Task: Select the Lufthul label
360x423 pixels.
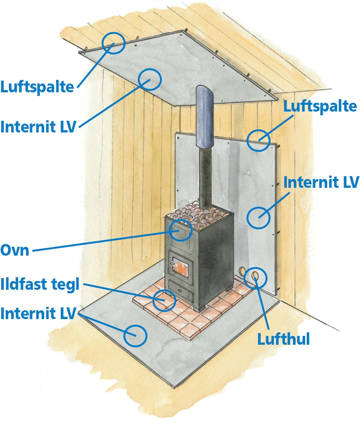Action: (283, 340)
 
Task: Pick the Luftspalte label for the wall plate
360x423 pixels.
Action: (320, 107)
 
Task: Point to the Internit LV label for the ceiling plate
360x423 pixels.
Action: (38, 127)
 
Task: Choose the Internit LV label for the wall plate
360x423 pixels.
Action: (321, 182)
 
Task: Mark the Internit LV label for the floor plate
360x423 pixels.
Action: (38, 314)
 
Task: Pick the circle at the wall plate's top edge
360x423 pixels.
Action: (258, 140)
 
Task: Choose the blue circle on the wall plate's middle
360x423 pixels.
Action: (258, 217)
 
